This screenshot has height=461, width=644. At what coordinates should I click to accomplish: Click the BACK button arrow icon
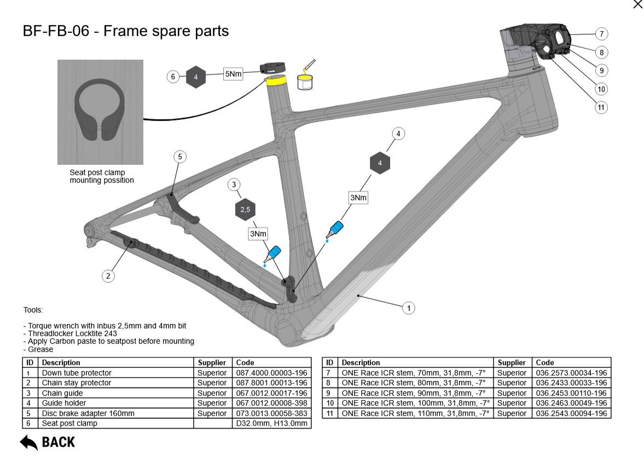click(29, 442)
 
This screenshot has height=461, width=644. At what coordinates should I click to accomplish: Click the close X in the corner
click(637, 5)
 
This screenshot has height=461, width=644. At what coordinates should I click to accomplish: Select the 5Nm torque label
click(233, 74)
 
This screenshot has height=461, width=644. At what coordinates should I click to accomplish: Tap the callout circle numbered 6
click(173, 77)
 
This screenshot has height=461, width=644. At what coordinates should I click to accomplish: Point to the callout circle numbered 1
click(408, 308)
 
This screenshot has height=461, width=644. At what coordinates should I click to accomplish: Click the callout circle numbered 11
click(601, 107)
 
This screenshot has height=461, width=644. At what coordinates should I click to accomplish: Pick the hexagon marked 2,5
click(245, 210)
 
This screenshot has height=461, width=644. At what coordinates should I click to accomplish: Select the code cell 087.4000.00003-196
click(271, 373)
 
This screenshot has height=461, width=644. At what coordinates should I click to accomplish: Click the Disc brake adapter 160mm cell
click(88, 413)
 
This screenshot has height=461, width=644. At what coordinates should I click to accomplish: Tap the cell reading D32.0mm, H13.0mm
click(271, 423)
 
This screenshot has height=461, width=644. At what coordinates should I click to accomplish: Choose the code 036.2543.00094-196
click(571, 413)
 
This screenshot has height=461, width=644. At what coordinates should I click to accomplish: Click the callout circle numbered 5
click(180, 157)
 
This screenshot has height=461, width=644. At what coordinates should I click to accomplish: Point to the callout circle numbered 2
click(108, 276)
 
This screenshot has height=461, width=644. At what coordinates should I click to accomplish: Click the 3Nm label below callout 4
click(358, 197)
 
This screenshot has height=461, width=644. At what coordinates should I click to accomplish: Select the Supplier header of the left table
click(212, 362)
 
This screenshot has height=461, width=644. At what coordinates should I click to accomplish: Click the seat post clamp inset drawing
click(100, 112)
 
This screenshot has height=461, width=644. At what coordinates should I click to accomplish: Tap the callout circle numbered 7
click(601, 34)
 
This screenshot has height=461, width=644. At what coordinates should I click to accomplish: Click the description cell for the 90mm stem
click(414, 393)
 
